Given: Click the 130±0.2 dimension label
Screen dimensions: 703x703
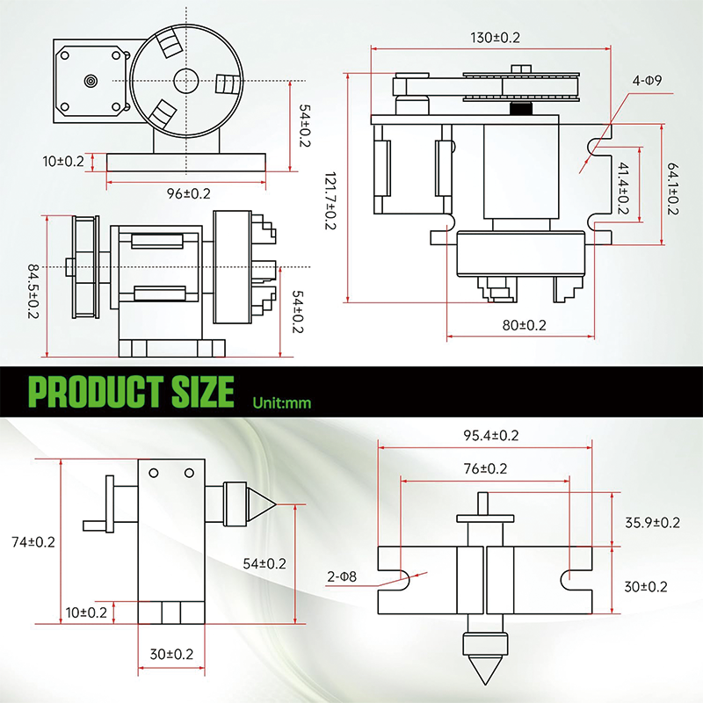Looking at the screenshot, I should click(x=496, y=38).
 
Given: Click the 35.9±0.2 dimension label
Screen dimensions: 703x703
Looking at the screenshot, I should click(x=652, y=522).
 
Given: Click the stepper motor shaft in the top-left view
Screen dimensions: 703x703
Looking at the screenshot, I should click(x=91, y=80).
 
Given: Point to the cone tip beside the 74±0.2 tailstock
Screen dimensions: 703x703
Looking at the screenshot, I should click(x=267, y=504).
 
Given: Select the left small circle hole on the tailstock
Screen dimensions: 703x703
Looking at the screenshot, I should click(x=153, y=474).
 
